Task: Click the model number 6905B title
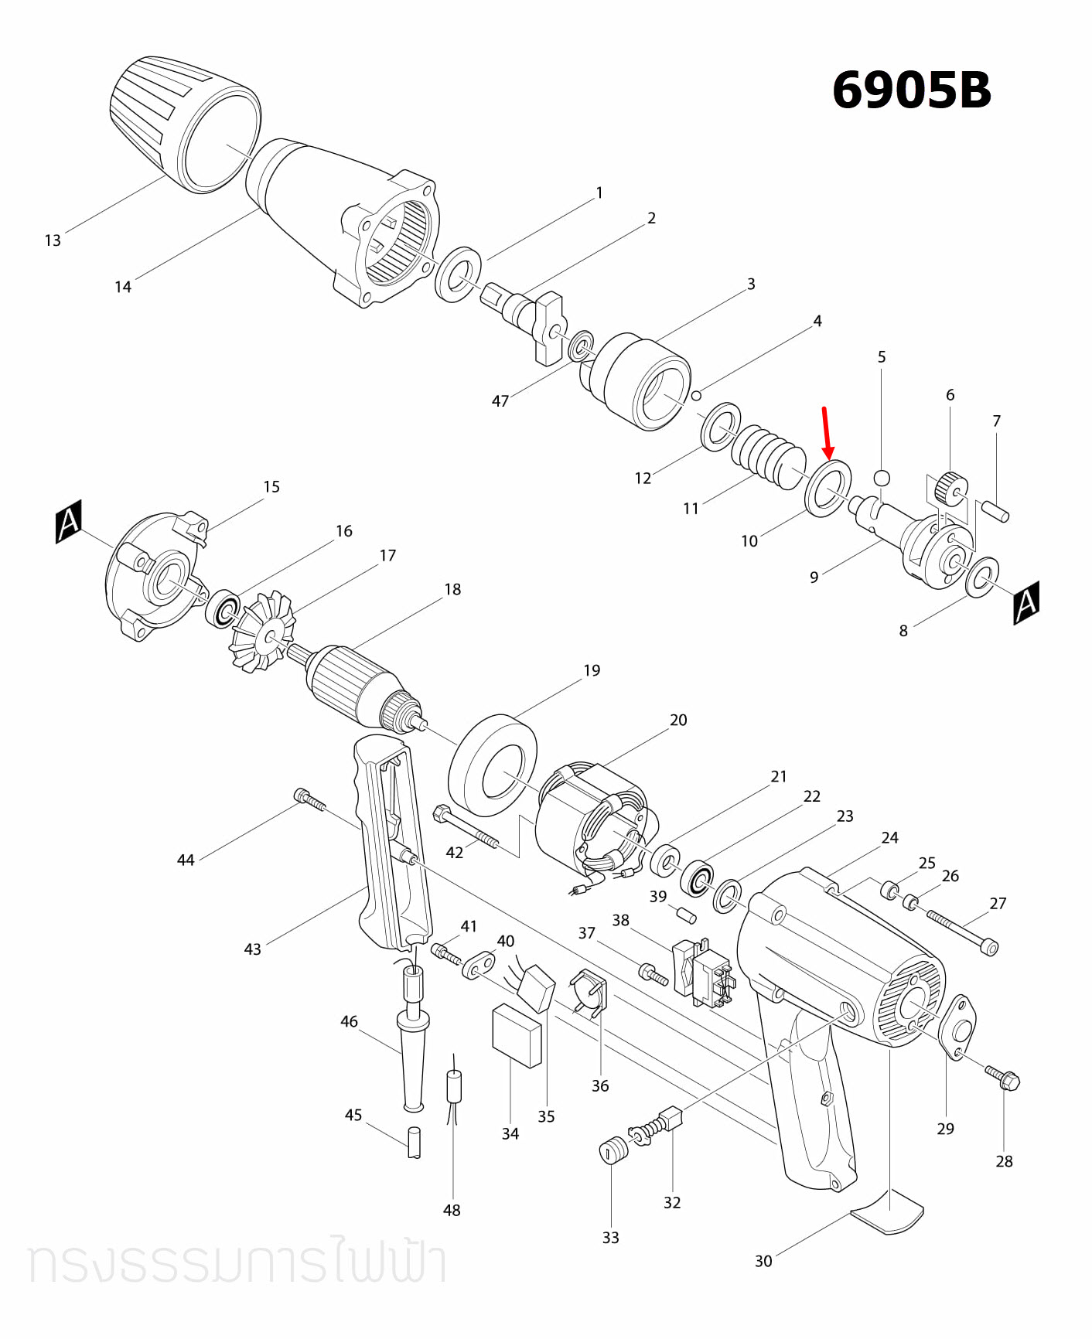coord(911,90)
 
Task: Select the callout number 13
coord(53,240)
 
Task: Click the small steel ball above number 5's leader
coord(882,477)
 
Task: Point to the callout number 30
coord(763,1261)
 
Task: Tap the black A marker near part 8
coord(1026,602)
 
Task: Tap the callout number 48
coord(452,1210)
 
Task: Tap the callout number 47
coord(500,400)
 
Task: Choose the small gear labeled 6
coord(950,488)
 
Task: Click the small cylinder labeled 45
coord(415,1142)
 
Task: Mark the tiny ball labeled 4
coord(696,396)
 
